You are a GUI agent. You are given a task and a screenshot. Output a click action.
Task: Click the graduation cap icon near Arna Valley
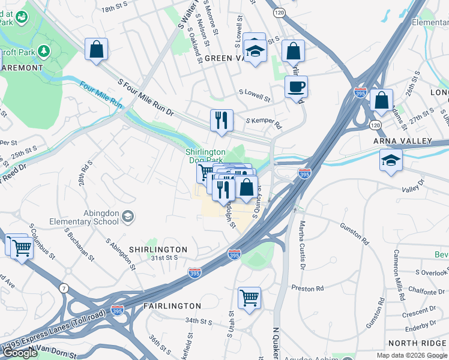click(391, 161)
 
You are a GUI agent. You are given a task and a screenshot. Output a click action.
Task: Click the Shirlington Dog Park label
click(205, 156)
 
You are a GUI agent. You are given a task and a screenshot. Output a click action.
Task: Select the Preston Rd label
click(307, 289)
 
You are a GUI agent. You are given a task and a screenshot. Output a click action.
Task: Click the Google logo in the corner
click(20, 353)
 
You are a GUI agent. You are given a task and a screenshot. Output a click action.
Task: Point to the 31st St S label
click(164, 257)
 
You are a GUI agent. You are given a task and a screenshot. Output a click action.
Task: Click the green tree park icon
click(44, 52)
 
